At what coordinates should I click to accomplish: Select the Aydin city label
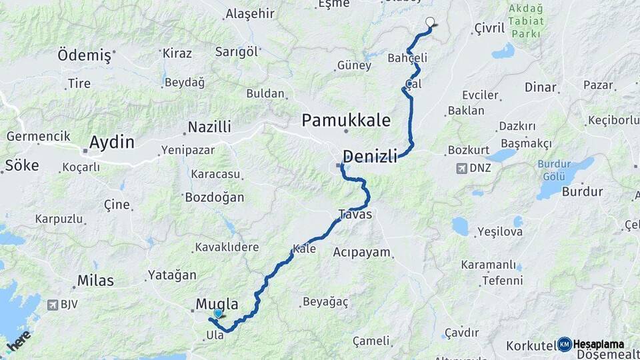[111, 142]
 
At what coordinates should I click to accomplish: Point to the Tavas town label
[355, 215]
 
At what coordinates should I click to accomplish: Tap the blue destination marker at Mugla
[218, 313]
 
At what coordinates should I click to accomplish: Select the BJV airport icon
[52, 305]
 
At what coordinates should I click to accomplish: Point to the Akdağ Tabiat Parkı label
[526, 21]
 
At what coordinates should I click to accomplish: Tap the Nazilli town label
[209, 127]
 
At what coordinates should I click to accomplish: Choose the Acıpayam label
[362, 253]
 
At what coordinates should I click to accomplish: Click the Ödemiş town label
[85, 55]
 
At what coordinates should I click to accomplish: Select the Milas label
[95, 281]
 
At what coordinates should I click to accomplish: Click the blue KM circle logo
[565, 344]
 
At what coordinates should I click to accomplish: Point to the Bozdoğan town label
[214, 197]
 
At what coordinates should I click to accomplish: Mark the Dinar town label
[540, 87]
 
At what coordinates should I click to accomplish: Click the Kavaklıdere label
[227, 247]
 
